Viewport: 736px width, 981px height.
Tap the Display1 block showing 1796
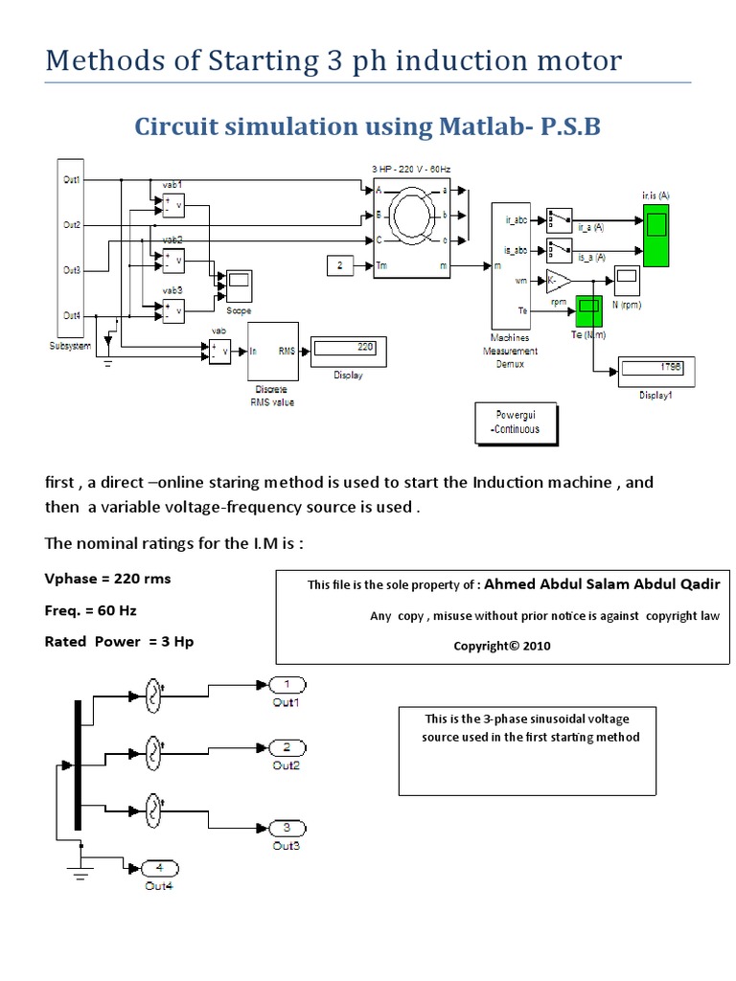click(656, 371)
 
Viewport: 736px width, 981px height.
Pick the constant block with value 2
click(341, 266)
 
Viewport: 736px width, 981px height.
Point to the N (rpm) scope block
click(629, 281)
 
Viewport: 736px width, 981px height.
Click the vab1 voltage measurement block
click(173, 204)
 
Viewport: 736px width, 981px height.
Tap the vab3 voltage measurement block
click(173, 310)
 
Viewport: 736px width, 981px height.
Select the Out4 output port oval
click(159, 868)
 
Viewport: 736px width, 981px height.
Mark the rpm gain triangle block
click(558, 281)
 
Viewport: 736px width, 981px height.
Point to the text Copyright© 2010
click(502, 646)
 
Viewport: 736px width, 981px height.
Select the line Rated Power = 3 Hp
click(119, 641)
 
